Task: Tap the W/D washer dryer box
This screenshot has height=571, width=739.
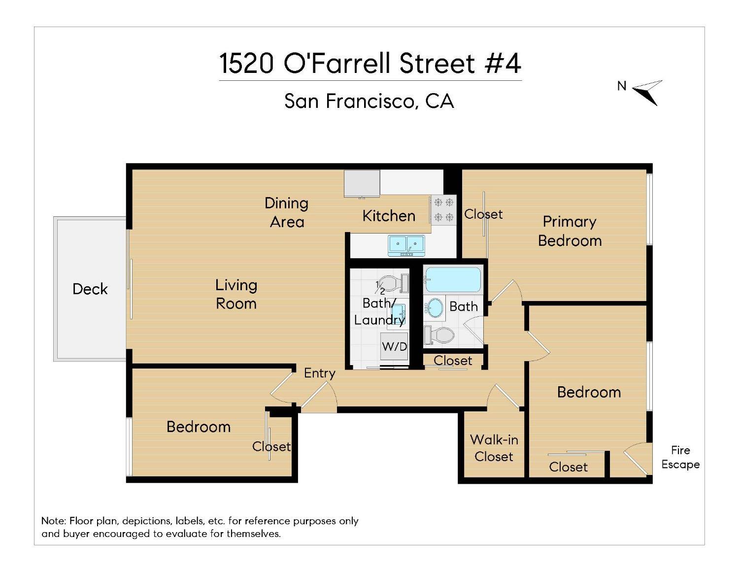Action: (x=394, y=346)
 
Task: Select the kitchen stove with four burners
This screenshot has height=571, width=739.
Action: (x=443, y=210)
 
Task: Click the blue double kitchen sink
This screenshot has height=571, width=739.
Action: (x=406, y=245)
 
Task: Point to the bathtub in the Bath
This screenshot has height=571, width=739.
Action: (x=453, y=280)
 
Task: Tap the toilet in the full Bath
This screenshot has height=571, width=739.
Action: (x=439, y=336)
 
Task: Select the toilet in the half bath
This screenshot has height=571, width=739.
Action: (x=392, y=284)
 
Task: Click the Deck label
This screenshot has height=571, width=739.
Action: (x=90, y=289)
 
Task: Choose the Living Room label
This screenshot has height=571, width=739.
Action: (x=236, y=294)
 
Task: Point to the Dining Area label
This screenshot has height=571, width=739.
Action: (x=286, y=212)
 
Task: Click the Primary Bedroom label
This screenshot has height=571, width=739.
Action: (x=570, y=231)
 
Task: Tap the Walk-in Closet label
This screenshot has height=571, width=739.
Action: (x=494, y=448)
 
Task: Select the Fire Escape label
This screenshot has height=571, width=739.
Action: (x=680, y=457)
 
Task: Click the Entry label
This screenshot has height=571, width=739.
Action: (x=319, y=373)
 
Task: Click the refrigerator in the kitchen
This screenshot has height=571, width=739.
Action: (x=362, y=184)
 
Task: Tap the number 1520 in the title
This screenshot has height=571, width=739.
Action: (x=246, y=64)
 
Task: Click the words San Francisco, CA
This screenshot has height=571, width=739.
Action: (x=369, y=101)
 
